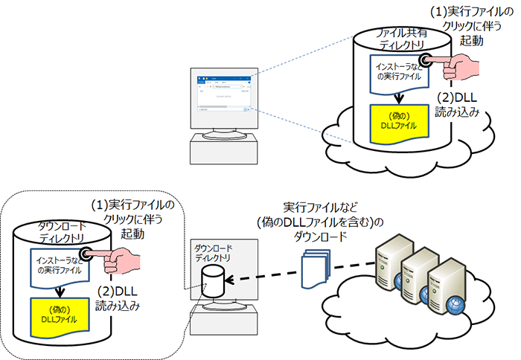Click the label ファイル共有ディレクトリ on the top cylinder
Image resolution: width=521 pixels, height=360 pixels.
(x=400, y=40)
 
